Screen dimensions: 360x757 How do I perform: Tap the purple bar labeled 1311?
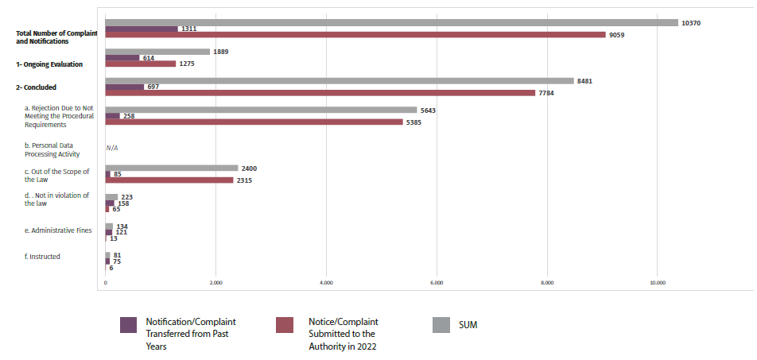tap(142, 29)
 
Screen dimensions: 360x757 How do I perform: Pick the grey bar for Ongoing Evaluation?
tap(157, 52)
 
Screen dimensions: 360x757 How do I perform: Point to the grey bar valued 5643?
tap(261, 110)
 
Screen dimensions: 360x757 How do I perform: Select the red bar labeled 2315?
tap(169, 180)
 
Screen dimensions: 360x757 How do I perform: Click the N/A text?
tap(112, 149)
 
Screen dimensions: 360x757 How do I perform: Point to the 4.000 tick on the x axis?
tap(325, 282)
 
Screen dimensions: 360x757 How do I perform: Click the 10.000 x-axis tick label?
tap(656, 282)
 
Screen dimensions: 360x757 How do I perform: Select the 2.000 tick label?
tap(215, 282)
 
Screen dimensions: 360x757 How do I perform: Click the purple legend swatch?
tap(128, 325)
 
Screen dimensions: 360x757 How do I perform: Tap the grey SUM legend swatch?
tap(441, 325)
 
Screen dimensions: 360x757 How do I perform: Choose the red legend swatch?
tap(285, 325)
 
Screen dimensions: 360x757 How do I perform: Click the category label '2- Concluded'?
tap(36, 87)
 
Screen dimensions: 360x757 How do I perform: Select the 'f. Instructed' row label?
tap(42, 257)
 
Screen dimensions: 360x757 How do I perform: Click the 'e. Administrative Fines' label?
tap(58, 230)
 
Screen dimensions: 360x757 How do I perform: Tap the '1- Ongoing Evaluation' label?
tap(49, 64)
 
